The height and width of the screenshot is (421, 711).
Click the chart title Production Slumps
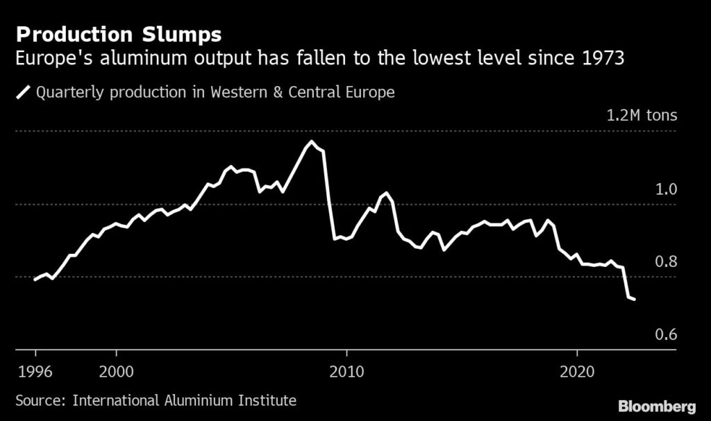(119, 34)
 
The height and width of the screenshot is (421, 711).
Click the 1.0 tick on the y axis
(665, 189)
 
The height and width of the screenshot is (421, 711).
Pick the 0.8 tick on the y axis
(665, 262)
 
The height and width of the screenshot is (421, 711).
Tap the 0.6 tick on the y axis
(665, 335)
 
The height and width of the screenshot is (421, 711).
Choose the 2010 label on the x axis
(346, 371)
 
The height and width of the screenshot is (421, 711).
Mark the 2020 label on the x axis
(578, 371)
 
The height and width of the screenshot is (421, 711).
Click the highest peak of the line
(311, 141)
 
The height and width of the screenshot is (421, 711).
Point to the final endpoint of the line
(635, 300)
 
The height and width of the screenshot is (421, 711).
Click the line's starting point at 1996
(34, 280)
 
